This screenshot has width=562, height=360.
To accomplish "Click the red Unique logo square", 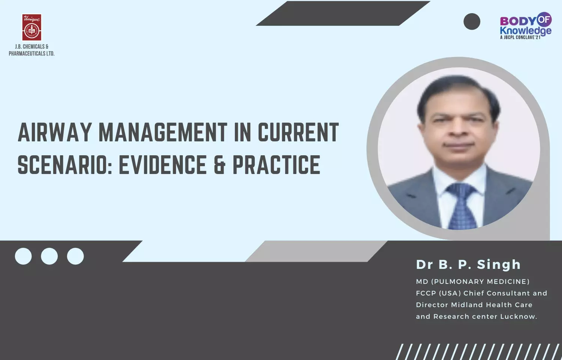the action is (x=32, y=27).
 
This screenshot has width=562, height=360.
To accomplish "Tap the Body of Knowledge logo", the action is (x=526, y=25).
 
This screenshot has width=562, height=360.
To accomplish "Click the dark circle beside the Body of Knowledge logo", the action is (x=472, y=22).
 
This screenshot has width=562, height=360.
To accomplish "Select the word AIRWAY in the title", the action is (x=54, y=132).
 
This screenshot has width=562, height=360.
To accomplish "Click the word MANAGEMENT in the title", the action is (x=163, y=132).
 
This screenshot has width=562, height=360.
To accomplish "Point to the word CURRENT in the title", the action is (x=298, y=132).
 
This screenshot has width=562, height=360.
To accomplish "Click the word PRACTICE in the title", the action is (x=277, y=164).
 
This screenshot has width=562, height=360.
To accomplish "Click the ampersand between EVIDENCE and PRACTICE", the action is (x=220, y=164).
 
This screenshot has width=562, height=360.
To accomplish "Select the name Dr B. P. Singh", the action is (x=468, y=265).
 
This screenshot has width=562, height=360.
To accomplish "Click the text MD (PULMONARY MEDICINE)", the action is (x=473, y=282).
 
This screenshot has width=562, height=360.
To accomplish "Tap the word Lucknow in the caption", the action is (x=519, y=316).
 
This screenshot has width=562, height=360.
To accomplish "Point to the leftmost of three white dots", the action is (x=23, y=256).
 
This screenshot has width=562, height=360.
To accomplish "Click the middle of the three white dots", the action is (x=49, y=256).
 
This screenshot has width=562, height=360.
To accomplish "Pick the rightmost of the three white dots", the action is (x=75, y=256).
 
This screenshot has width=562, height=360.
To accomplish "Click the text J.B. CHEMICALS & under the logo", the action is (x=31, y=47).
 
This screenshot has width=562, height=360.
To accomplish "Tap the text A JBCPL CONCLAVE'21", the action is (x=520, y=37).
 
